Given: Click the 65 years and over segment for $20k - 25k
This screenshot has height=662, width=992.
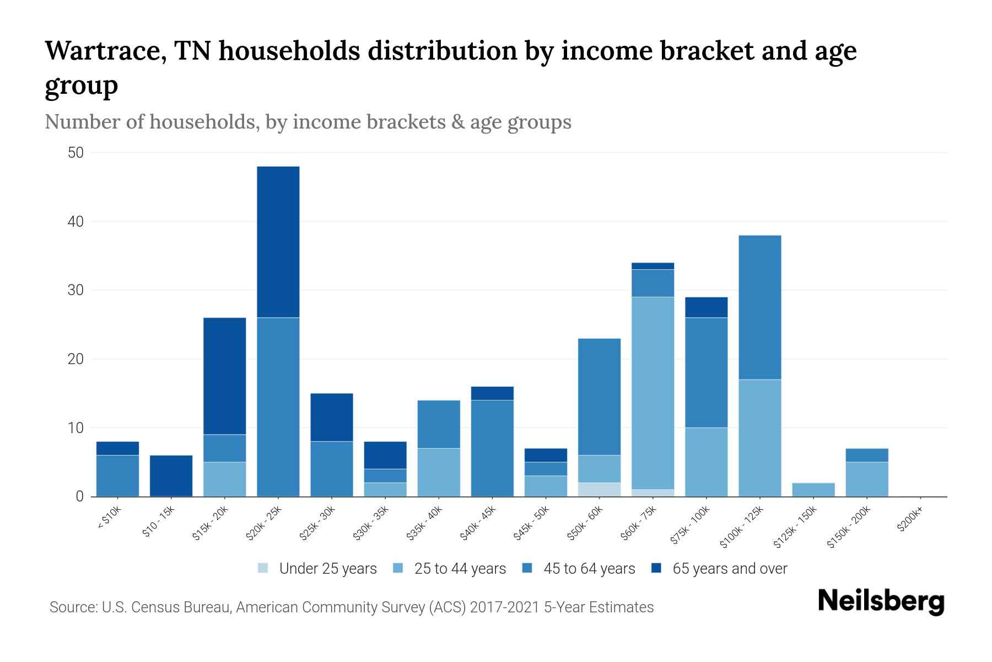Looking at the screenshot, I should tap(278, 242).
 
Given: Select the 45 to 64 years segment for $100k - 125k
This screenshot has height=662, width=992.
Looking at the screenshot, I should tap(760, 307).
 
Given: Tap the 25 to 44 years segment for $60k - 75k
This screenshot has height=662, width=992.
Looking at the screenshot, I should tap(653, 393).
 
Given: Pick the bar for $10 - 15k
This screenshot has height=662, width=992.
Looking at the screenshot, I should tap(171, 476).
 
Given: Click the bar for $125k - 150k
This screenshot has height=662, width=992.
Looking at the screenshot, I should tap(813, 490).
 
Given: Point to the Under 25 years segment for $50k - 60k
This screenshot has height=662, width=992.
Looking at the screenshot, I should tap(599, 490).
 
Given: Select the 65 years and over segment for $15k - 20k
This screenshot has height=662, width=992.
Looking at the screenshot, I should tap(225, 376).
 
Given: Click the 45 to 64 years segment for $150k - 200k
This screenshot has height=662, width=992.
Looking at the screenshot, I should tap(867, 455).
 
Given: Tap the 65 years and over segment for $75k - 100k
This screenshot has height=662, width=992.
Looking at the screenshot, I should tap(707, 307).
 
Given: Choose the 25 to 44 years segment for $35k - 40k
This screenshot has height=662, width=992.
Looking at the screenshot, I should tap(439, 472).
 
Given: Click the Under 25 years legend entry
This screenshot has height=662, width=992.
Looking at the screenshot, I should tap(317, 569).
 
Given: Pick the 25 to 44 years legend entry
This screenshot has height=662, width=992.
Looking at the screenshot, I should tap(450, 569).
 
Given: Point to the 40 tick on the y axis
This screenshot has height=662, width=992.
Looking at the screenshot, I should tap(76, 222).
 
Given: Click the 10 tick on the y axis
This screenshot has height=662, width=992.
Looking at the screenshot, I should tap(76, 428).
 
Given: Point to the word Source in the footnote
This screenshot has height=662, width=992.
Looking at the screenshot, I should tap(72, 607).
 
